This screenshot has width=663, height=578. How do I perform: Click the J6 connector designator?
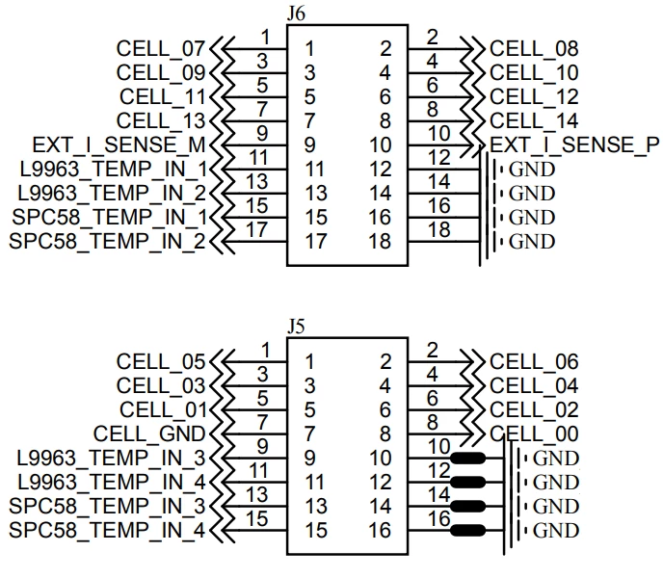click(296, 13)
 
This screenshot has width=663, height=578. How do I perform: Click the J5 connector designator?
click(296, 327)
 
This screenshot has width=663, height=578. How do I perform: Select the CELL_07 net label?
click(161, 48)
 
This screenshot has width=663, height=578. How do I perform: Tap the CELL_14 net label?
click(534, 121)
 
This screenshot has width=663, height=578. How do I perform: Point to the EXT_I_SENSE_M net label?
click(119, 145)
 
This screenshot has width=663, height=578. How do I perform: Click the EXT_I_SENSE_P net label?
click(574, 145)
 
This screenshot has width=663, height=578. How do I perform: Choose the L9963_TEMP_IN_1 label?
click(114, 170)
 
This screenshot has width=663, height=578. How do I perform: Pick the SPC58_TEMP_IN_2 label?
click(107, 242)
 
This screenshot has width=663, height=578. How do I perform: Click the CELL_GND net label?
click(149, 433)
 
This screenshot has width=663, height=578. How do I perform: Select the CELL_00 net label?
click(534, 433)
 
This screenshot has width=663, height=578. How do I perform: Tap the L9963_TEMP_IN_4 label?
click(112, 482)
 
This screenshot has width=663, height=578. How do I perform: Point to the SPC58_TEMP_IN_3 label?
click(107, 506)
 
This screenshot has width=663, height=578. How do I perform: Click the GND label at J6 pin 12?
click(532, 170)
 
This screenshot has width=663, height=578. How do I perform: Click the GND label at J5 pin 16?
click(556, 531)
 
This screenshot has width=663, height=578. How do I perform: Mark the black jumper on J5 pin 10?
click(468, 458)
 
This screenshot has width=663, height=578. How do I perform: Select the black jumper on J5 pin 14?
click(468, 506)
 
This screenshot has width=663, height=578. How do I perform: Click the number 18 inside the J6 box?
click(380, 242)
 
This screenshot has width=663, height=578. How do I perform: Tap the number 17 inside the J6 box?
click(316, 242)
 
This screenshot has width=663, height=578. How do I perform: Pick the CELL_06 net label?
click(534, 361)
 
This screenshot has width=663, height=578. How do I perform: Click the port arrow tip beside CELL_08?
click(473, 49)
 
